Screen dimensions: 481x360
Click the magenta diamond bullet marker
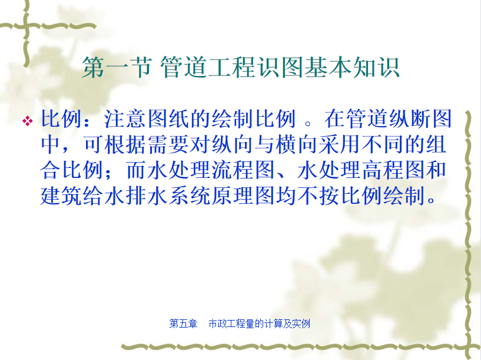click(x=27, y=121)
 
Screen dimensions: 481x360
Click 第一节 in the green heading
click(x=117, y=68)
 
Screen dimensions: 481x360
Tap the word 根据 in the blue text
click(x=125, y=144)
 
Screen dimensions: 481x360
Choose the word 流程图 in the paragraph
click(x=243, y=170)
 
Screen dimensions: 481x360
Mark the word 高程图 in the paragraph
click(x=394, y=170)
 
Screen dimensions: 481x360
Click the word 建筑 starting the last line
click(x=61, y=196)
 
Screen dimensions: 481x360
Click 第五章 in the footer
click(x=183, y=323)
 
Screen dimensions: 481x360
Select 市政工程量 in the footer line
click(x=231, y=323)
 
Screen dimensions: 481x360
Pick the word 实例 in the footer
click(x=301, y=323)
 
